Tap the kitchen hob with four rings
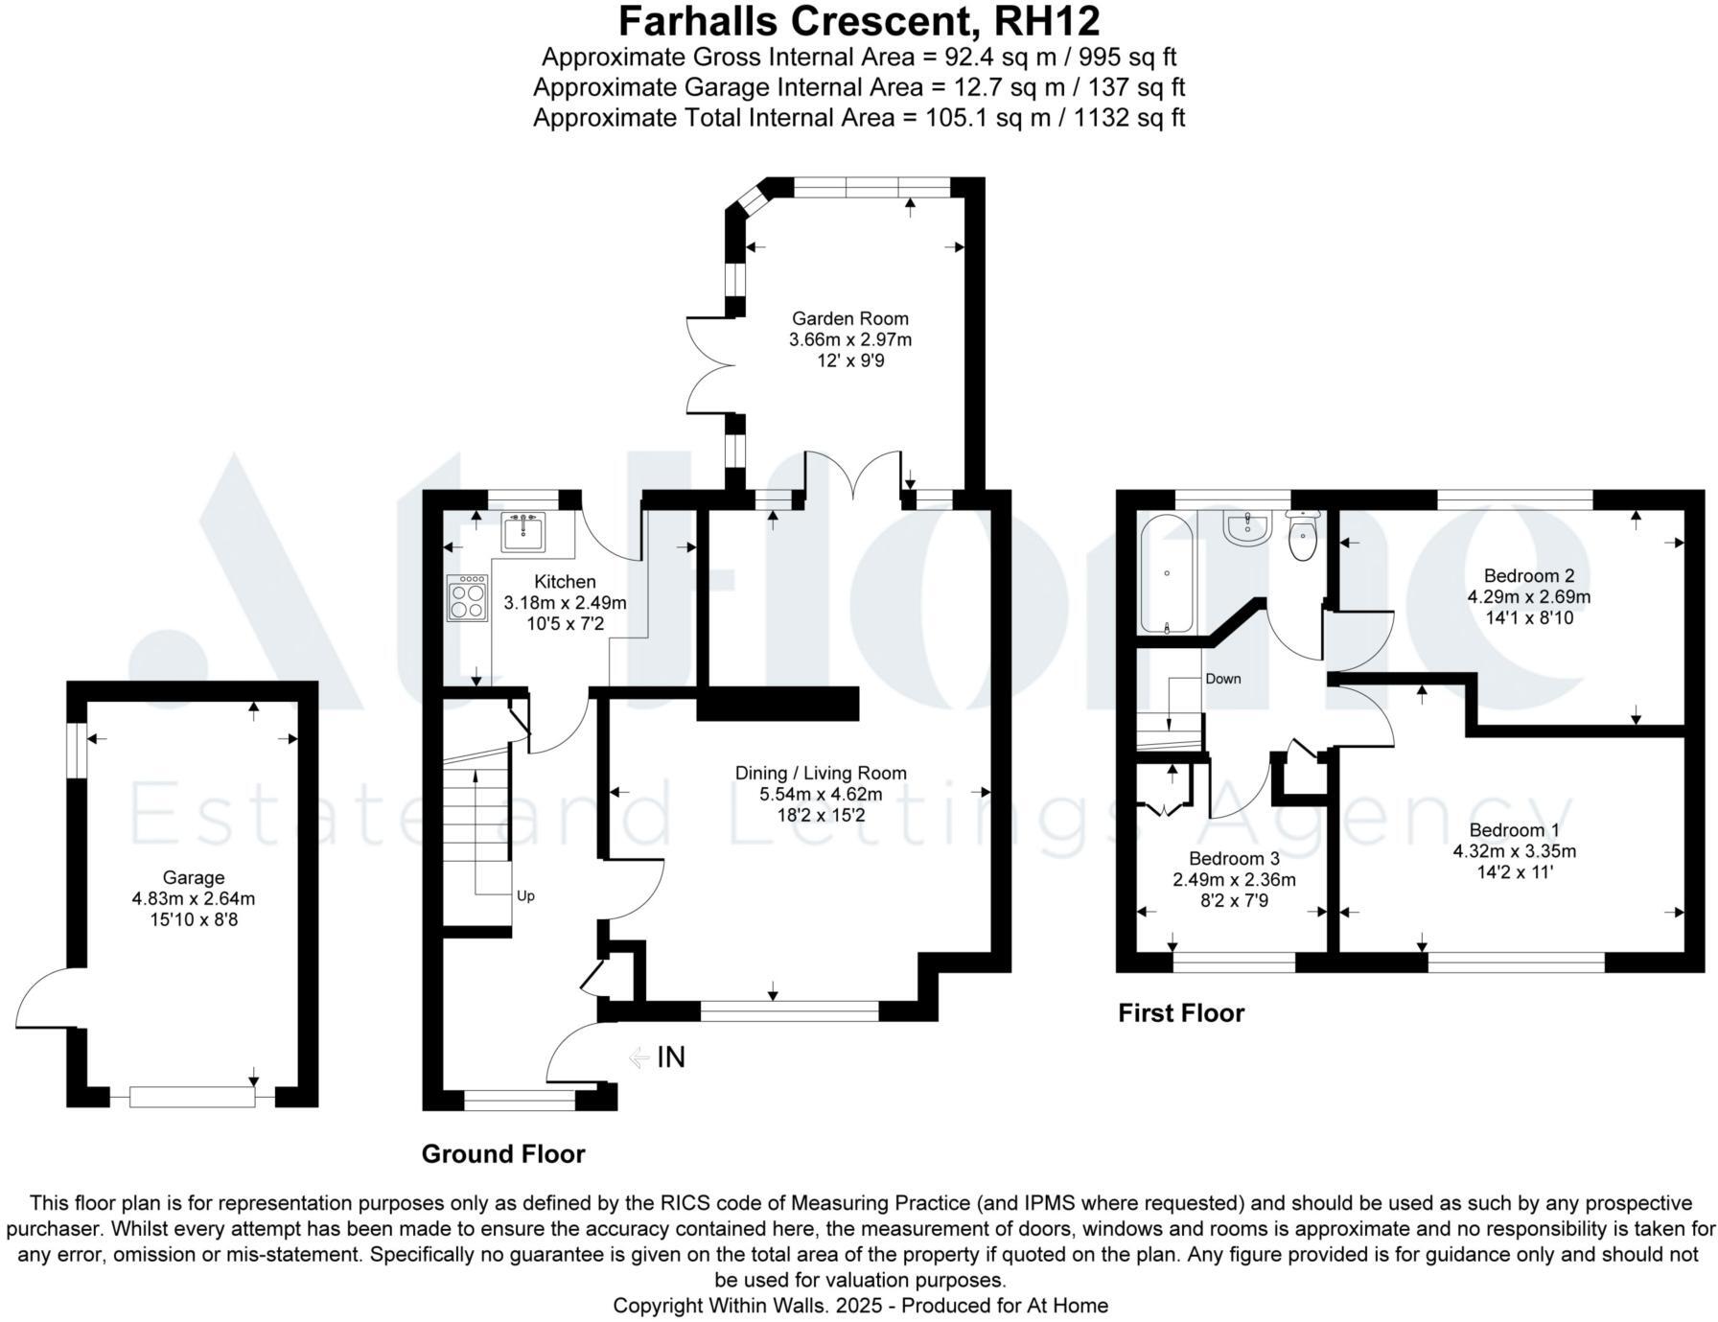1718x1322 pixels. coord(467,598)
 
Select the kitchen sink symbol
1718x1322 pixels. coord(522,532)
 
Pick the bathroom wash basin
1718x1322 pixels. coord(1247,527)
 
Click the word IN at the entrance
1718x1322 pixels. coord(671,1057)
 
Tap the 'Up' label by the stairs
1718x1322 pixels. coord(525,896)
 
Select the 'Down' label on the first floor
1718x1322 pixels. coord(1223,679)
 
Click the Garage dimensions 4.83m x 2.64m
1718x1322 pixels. coord(194,899)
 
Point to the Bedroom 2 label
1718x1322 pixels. coord(1528,576)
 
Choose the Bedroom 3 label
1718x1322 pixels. coord(1234,859)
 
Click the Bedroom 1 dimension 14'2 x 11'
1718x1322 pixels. coord(1515,872)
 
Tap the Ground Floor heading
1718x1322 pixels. coord(503,1154)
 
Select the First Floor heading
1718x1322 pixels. coord(1181,1013)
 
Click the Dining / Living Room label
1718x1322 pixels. coord(821,773)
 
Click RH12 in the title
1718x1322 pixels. coord(1048,21)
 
